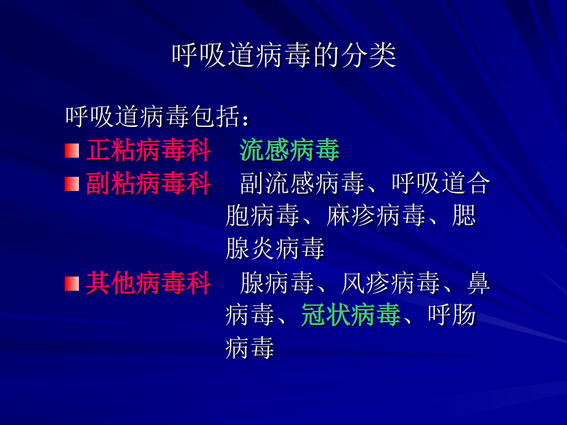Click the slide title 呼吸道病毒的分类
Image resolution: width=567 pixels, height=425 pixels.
coord(283,56)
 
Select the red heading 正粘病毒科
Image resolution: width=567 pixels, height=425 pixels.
coord(149,150)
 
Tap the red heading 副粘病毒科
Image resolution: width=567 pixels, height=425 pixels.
coord(149,183)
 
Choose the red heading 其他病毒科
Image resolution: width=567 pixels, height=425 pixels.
coord(149,283)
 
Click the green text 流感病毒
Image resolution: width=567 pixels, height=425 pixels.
coord(290,150)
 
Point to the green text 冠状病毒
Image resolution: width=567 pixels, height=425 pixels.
coord(351,316)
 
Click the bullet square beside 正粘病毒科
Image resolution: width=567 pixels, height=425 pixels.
coord(72,150)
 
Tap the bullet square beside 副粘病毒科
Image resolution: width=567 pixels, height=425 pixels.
coord(72,183)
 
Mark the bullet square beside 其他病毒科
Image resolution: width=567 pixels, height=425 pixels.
coord(72,283)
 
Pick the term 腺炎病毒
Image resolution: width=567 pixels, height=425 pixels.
coord(275,249)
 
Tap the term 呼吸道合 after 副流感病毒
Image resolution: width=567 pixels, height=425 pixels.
coord(440,183)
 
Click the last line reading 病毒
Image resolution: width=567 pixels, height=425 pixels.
coord(250,349)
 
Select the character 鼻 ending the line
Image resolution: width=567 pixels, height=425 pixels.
coord(478,283)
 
